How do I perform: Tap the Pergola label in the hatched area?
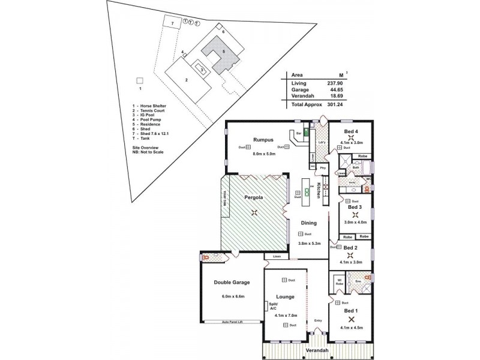click(255, 197)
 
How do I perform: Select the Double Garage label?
click(232, 282)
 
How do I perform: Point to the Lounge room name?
click(284, 296)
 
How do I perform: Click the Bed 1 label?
click(351, 311)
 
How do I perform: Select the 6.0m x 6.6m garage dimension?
click(232, 296)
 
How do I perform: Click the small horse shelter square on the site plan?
click(140, 80)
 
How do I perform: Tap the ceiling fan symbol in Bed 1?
click(351, 320)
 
